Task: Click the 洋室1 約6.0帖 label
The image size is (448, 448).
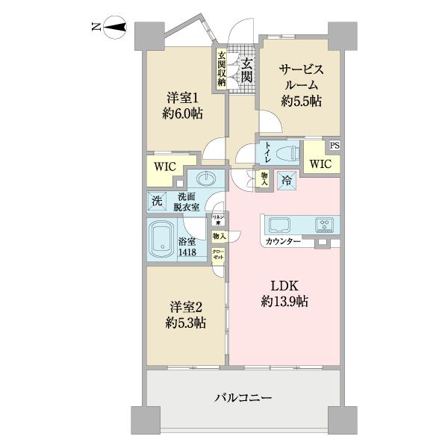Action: click(182, 105)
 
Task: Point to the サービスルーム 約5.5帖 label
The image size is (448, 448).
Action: click(301, 84)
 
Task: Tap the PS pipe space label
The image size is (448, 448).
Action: click(335, 146)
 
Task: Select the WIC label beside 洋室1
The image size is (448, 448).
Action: click(166, 165)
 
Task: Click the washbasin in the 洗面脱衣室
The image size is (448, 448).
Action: click(206, 179)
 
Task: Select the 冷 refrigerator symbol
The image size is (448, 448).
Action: click(287, 180)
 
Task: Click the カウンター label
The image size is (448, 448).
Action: click(282, 242)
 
